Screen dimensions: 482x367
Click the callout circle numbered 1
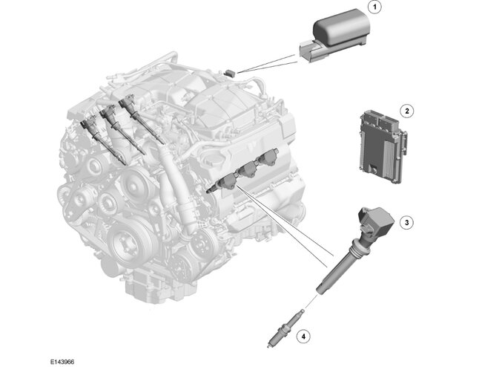coord(374,7)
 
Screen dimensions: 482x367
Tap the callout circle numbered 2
coord(407,111)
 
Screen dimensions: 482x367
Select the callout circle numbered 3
coord(406,222)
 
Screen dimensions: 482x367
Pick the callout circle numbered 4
coord(303,337)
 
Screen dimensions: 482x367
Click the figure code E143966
coord(62,362)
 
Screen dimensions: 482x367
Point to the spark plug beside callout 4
coord(286,329)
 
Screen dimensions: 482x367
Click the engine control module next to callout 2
coord(383,146)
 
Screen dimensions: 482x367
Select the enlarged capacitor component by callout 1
coord(334,36)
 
